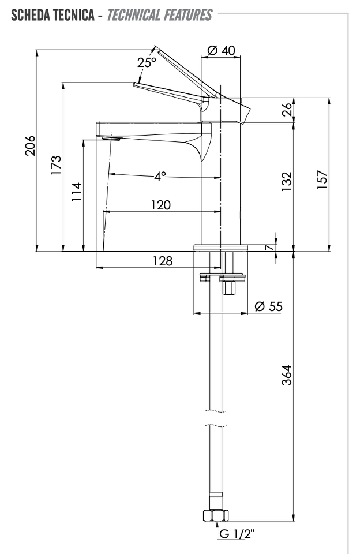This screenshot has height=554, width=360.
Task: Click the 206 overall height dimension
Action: (x=31, y=145)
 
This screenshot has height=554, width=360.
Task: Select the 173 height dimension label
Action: (x=56, y=164)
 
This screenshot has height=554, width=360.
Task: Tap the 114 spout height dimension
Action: (x=77, y=192)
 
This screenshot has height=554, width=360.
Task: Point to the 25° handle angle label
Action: (x=147, y=62)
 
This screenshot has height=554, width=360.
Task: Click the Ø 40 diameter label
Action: (x=221, y=51)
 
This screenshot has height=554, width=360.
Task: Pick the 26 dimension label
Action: (x=288, y=110)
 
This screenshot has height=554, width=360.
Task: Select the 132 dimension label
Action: (x=287, y=182)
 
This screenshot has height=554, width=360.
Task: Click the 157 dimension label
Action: (x=322, y=180)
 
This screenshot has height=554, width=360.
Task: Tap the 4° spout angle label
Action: (x=160, y=175)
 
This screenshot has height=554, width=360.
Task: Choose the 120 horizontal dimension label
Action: (x=161, y=205)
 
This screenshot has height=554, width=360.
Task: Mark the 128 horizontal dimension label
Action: (x=163, y=261)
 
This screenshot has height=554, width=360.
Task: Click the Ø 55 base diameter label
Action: (x=269, y=306)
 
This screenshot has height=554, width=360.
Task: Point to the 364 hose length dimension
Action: (x=287, y=375)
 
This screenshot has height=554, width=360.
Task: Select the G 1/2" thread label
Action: (x=237, y=533)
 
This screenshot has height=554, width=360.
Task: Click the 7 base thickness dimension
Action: (x=270, y=248)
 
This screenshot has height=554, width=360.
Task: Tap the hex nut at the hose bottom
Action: (x=216, y=515)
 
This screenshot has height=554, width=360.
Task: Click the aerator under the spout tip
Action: (x=111, y=138)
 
